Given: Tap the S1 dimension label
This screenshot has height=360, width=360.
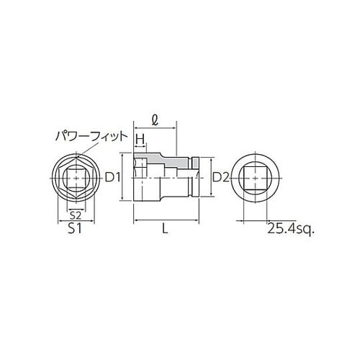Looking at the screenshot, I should pyautogui.click(x=74, y=230).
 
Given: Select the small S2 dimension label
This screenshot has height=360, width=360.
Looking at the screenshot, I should pyautogui.click(x=74, y=215).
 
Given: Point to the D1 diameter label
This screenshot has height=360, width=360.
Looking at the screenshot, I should pyautogui.click(x=112, y=177).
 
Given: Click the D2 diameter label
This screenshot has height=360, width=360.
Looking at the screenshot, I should pyautogui.click(x=220, y=177).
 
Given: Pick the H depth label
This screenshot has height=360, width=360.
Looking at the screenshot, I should pyautogui.click(x=141, y=138).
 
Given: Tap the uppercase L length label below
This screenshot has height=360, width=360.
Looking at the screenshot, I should pyautogui.click(x=166, y=230).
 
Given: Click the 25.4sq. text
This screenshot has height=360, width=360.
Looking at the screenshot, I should pyautogui.click(x=292, y=230).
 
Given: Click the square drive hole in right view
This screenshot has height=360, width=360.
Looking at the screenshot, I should pyautogui.click(x=256, y=177).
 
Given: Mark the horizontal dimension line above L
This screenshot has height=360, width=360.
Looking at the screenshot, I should pyautogui.click(x=166, y=220).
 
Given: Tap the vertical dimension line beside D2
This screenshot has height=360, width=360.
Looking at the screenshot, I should pyautogui.click(x=210, y=177).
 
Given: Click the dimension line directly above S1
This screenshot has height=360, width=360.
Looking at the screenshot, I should pyautogui.click(x=74, y=222).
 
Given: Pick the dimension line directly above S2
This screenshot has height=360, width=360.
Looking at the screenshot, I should pyautogui.click(x=74, y=207).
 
